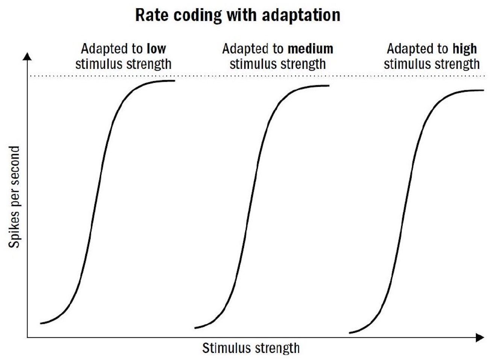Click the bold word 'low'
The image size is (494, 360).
(x=156, y=49)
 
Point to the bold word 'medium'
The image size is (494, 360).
(x=311, y=49)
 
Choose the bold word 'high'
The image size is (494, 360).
(x=465, y=49)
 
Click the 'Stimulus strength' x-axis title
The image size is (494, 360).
(x=251, y=348)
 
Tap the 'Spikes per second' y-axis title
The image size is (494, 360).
(x=14, y=197)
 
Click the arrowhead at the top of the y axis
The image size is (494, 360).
(x=27, y=56)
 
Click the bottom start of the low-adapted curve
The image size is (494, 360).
(x=41, y=323)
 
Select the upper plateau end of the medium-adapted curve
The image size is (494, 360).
(x=329, y=86)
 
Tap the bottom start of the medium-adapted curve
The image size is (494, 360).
(x=195, y=328)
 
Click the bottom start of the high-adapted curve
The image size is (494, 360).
(x=350, y=333)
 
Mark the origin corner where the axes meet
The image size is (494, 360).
(x=27, y=337)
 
